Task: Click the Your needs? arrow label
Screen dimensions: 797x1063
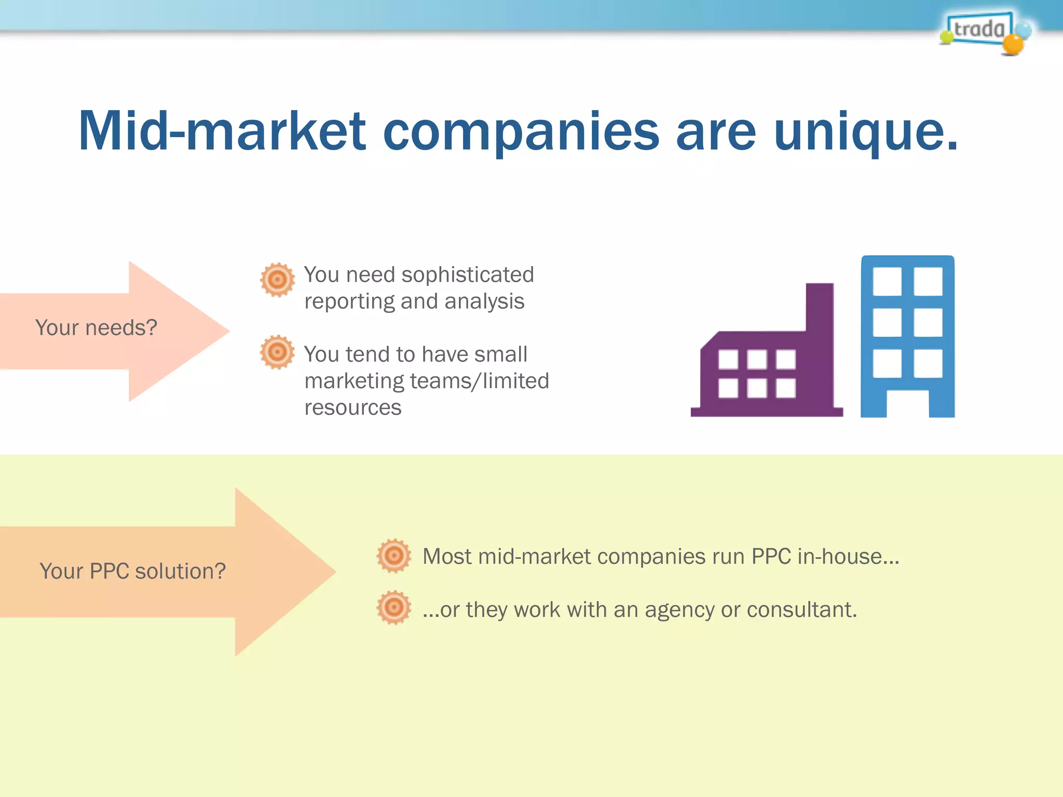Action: click(x=96, y=328)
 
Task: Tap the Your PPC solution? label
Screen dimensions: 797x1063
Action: click(x=133, y=571)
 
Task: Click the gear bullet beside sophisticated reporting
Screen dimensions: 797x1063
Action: click(x=277, y=280)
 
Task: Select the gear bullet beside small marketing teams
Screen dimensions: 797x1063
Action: click(x=277, y=352)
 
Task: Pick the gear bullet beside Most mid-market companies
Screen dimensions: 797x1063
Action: click(x=393, y=556)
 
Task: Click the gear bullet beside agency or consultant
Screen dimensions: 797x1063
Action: click(x=393, y=607)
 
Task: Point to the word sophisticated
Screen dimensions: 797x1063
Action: click(x=467, y=274)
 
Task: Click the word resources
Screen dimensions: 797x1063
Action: click(x=353, y=408)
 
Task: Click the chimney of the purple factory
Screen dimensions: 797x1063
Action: click(x=820, y=306)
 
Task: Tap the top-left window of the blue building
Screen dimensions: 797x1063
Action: click(x=887, y=281)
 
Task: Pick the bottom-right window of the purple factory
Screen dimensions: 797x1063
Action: click(x=785, y=388)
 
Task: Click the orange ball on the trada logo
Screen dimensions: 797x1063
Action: click(x=1012, y=45)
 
